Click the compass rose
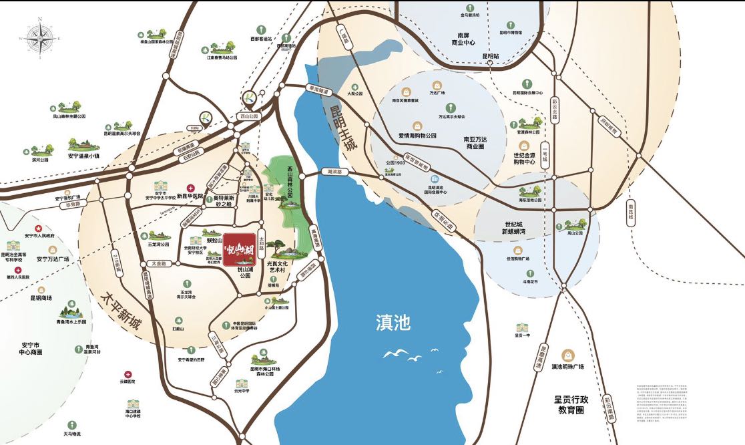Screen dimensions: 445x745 point(39,39)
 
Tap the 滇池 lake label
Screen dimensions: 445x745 point(393,324)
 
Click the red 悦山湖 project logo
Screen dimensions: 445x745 point(239,251)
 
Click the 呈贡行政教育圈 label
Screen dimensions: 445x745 point(568,404)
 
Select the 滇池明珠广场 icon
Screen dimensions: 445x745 point(567,355)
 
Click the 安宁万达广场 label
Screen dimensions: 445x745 point(53,259)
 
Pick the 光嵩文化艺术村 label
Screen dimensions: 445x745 point(281,268)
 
